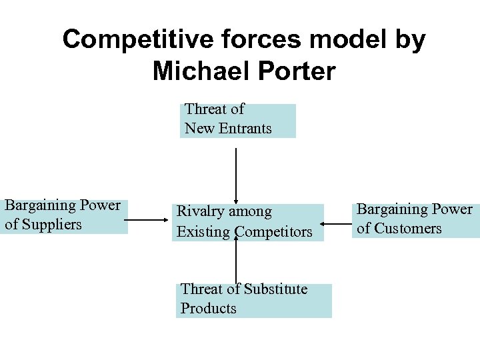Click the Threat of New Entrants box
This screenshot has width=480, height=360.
click(x=237, y=121)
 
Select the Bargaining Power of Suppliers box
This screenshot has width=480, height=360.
click(x=65, y=216)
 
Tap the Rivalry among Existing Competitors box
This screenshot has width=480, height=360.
click(x=247, y=222)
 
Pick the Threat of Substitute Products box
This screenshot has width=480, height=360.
click(x=255, y=300)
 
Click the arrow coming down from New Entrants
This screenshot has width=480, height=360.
click(x=235, y=173)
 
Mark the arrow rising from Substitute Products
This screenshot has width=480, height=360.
click(x=235, y=260)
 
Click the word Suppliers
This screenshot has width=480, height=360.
click(x=52, y=225)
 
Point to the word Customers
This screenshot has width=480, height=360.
click(x=407, y=229)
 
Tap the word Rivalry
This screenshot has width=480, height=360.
click(x=198, y=212)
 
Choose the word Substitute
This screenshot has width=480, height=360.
click(x=275, y=289)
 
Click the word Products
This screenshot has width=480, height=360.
click(x=208, y=309)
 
